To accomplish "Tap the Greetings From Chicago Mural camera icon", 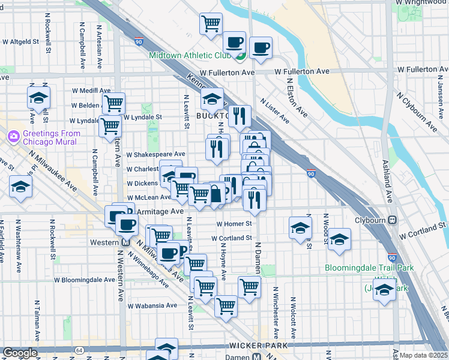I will pos(13,137).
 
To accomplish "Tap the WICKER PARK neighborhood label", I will pos(257,346).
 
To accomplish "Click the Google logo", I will pos(20,353).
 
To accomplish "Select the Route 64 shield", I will pos(79,350).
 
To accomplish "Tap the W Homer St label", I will pos(233,223).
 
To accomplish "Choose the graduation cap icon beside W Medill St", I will pos(38,98).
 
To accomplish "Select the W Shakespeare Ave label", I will pos(155,154).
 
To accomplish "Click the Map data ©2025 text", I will pos(423,355).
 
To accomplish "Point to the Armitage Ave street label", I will pos(160,212).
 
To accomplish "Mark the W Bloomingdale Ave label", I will pos(84,280).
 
